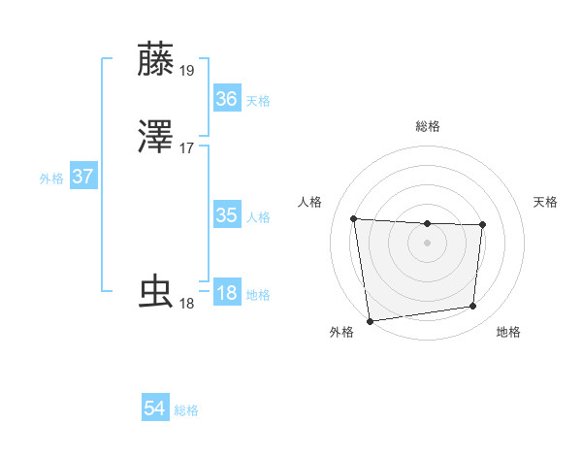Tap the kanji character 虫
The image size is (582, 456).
tap(156, 291)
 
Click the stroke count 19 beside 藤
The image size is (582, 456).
tap(187, 70)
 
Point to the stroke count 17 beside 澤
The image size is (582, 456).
tap(187, 147)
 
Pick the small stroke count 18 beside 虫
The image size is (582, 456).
tap(187, 303)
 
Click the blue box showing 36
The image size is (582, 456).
tap(226, 98)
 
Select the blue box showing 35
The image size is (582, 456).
tap(226, 214)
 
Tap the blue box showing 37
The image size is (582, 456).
tap(82, 177)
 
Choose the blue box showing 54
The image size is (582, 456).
tap(154, 408)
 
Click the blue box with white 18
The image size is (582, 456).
tap(226, 292)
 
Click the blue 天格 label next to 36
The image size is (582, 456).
tap(258, 101)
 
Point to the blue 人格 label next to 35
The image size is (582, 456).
tap(258, 217)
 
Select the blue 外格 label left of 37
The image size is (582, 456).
tap(51, 179)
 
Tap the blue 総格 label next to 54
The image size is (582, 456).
tap(186, 411)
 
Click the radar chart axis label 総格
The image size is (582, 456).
tap(427, 126)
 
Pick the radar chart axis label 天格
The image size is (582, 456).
tap(545, 202)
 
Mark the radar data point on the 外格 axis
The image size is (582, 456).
tap(370, 320)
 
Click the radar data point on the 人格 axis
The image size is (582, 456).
tap(354, 218)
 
